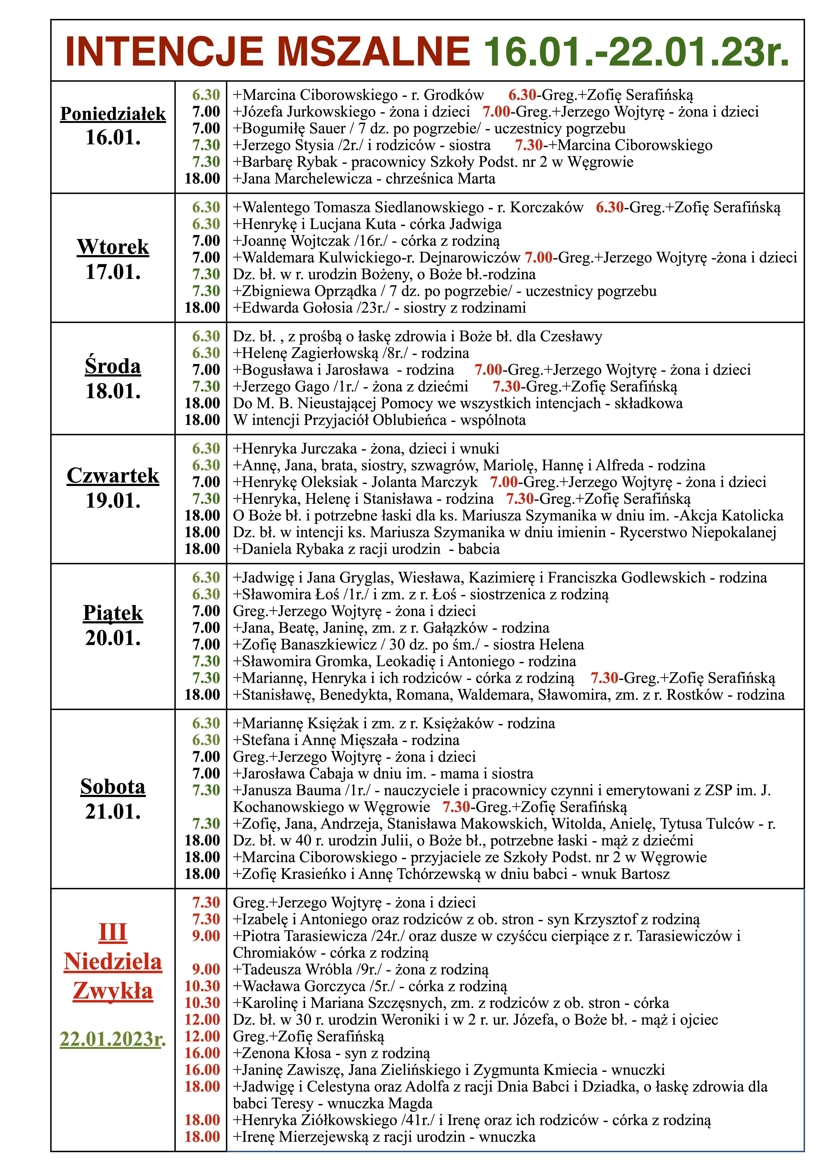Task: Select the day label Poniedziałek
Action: [x=113, y=114]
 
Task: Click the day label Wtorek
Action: [x=113, y=247]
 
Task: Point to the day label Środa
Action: [x=113, y=366]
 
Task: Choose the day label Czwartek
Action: [x=113, y=476]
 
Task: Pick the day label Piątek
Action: [x=113, y=613]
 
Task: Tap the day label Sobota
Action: [x=113, y=786]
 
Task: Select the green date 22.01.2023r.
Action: [x=113, y=1039]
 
